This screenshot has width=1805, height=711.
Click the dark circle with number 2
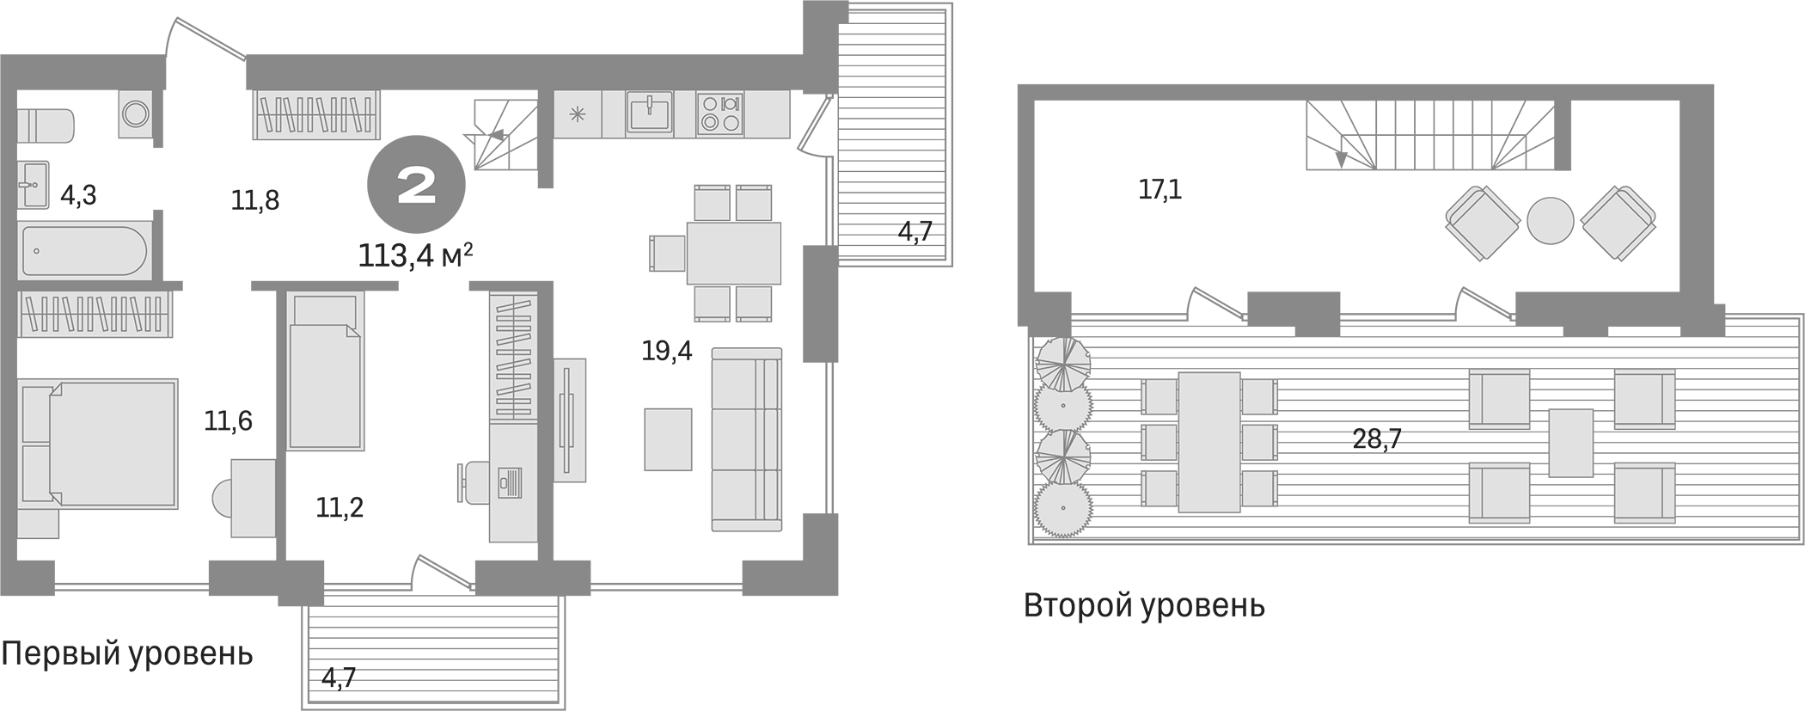click(x=417, y=185)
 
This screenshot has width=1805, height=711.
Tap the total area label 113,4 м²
click(x=416, y=255)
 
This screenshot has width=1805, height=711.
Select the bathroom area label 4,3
click(x=78, y=196)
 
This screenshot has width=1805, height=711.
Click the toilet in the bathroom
click(x=46, y=126)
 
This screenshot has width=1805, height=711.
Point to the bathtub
click(x=84, y=251)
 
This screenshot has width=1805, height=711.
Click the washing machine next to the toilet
click(x=136, y=113)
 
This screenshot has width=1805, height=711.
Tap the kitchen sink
click(x=650, y=113)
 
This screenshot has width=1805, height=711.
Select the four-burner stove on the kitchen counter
click(x=719, y=113)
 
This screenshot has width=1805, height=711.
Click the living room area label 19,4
click(x=667, y=351)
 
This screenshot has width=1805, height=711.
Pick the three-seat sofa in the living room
click(x=746, y=439)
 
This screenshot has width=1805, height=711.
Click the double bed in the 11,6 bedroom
click(x=99, y=443)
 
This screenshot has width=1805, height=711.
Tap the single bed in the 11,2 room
click(x=325, y=371)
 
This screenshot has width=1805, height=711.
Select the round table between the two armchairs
click(x=1550, y=221)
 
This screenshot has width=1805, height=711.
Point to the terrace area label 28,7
click(x=1377, y=439)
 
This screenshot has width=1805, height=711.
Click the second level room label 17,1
click(x=1159, y=189)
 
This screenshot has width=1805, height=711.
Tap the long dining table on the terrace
click(x=1208, y=442)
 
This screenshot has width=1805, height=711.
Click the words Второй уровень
click(x=1144, y=606)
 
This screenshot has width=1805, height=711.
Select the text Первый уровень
click(x=127, y=653)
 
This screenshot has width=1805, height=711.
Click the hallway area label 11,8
click(x=255, y=200)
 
